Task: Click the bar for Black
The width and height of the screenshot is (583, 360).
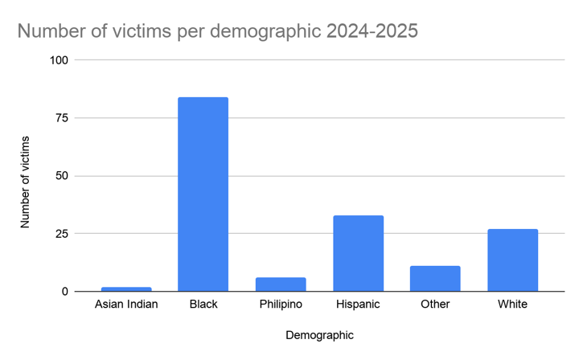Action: pos(203,194)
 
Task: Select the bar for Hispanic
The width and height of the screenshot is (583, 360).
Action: pos(358,253)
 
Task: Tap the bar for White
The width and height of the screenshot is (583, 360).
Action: pos(512,260)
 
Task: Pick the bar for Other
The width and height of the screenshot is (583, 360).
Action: pos(435,279)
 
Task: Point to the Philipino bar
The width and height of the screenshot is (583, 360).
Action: pos(281,284)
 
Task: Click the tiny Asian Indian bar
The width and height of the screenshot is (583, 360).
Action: pos(125,289)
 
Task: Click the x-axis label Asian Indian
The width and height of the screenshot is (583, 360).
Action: pos(126,305)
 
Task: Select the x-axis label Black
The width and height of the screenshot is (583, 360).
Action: pos(203,305)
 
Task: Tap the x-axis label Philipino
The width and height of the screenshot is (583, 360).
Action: pos(281,305)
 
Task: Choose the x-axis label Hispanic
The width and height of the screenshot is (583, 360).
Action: pos(358,305)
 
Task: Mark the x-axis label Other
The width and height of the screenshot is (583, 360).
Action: pos(435,305)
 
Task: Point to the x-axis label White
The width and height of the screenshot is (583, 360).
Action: pos(512,305)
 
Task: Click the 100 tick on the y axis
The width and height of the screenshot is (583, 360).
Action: pos(61,60)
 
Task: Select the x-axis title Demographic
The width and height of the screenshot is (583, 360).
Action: pos(319,334)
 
